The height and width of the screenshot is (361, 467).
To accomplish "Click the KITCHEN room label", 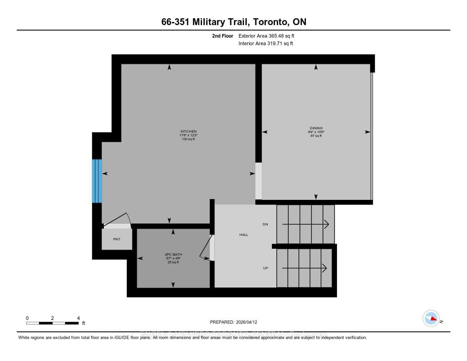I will click(188, 131).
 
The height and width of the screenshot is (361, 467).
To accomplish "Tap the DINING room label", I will click(316, 128).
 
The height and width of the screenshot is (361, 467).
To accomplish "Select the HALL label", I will click(244, 235).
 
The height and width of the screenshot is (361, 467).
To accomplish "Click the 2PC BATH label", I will click(173, 254).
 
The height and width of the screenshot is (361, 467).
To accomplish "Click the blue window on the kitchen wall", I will click(97, 181).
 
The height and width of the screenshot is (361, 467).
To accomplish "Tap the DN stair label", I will click(265, 225).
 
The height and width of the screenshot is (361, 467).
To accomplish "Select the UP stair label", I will click(265, 268).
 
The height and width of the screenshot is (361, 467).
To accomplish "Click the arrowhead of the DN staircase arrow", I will click(327, 224).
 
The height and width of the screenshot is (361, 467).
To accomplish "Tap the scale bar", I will click(52, 323).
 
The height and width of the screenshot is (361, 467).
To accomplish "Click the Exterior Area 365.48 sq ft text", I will click(270, 36).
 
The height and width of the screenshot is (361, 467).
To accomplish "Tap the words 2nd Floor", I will click(223, 36).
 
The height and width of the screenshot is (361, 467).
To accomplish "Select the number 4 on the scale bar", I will click(78, 318).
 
